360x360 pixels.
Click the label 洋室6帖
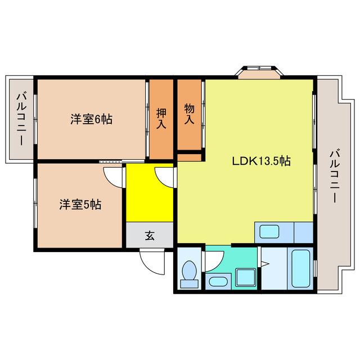pyautogui.click(x=91, y=119)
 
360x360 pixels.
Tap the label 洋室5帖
pyautogui.click(x=80, y=205)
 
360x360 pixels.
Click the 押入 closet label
pyautogui.click(x=161, y=119)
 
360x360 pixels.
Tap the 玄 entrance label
pyautogui.click(x=150, y=236)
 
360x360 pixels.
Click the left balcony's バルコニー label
pyautogui.click(x=21, y=119)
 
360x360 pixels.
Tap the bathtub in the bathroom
pyautogui.click(x=301, y=269)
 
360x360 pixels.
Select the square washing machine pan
pyautogui.click(x=246, y=278)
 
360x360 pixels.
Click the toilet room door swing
pyautogui.click(x=214, y=258)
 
